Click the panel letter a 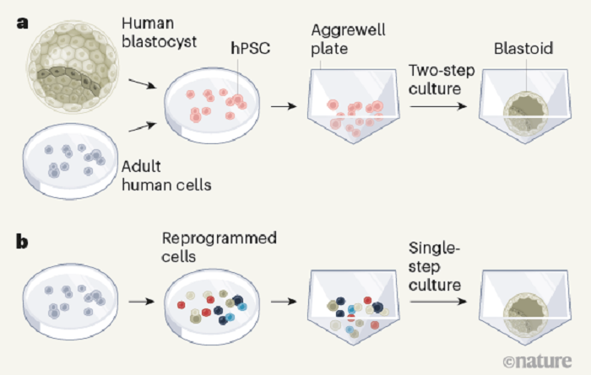(24, 24)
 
